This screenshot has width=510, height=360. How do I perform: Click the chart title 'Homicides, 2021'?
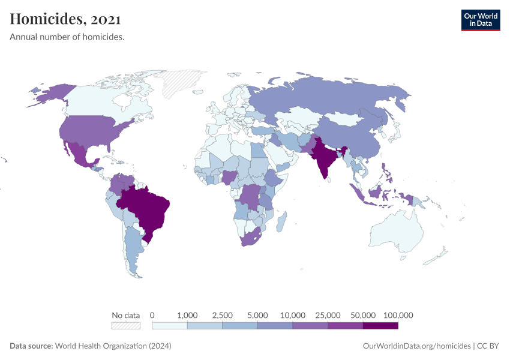click(65, 19)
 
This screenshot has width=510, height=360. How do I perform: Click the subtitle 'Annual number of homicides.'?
click(67, 37)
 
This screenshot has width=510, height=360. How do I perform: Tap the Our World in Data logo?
click(480, 20)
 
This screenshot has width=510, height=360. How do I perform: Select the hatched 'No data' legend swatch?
click(126, 326)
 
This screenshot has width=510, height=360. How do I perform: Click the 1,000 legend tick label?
click(187, 315)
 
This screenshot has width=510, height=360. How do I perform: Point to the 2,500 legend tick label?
click(222, 315)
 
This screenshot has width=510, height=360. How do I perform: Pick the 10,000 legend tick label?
click(293, 315)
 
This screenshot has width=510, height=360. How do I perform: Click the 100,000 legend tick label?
click(398, 315)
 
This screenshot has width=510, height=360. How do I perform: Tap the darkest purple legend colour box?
click(380, 326)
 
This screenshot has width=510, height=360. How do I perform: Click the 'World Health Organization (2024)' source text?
click(113, 346)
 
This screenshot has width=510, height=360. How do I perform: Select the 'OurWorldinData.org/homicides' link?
click(417, 346)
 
